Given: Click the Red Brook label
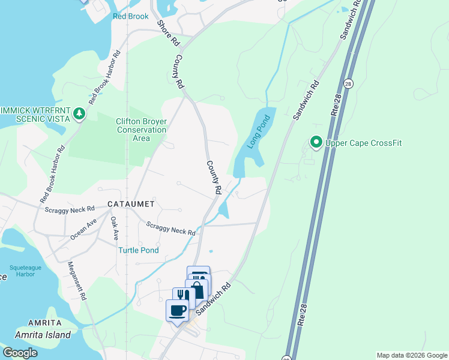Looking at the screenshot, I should coord(130,16).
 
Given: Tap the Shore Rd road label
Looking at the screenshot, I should coord(168,34).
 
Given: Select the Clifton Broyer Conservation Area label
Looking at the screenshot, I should coord(141,130).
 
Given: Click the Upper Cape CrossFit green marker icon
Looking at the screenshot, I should coord(316,142).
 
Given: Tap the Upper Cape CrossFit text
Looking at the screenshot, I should coord(363,143).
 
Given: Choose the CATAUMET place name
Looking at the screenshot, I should coord(131,204).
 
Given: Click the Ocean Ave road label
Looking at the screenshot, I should coord(83,229).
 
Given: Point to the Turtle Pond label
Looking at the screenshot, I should coord(138,250).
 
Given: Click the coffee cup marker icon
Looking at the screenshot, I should coord(177,310).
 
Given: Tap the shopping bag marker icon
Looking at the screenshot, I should coord(196,291).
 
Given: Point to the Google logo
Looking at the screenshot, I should coord(19,353).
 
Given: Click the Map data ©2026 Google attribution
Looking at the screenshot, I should coord(412,355).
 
